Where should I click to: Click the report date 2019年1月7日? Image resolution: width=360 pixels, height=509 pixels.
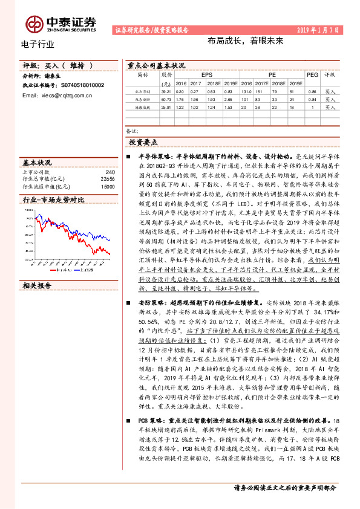(320, 30)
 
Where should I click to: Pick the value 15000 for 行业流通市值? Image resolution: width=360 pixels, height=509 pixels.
(107, 186)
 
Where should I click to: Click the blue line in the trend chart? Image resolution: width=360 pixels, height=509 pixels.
(97, 248)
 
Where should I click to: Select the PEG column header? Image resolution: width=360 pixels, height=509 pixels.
(312, 75)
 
